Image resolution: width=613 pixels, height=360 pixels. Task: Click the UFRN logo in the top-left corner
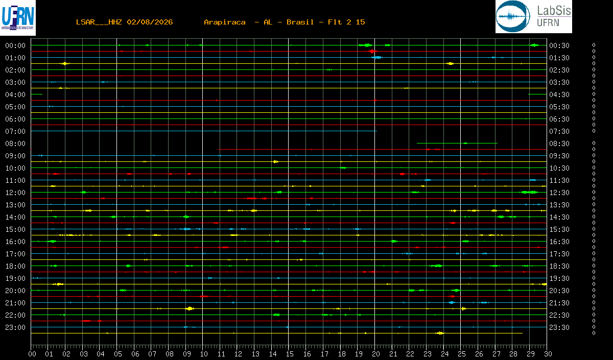18,18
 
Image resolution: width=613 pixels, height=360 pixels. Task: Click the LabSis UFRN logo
534,16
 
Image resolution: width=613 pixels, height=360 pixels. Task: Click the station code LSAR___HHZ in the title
99,22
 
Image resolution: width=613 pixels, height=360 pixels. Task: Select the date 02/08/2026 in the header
150,22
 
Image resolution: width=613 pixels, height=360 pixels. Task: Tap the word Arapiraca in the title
225,22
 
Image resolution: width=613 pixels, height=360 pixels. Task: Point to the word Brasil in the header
300,22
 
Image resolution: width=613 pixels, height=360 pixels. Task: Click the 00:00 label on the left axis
15,45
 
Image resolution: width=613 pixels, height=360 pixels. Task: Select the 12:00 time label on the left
15,193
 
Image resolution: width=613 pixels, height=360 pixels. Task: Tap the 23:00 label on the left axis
15,327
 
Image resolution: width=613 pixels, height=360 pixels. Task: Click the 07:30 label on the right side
559,131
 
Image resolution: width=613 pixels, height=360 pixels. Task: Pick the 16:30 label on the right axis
559,242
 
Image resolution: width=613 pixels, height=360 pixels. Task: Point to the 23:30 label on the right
559,327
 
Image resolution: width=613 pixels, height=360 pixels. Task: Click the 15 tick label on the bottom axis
290,354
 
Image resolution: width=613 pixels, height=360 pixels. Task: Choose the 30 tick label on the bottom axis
548,354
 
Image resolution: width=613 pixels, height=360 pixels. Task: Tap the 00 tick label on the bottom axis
32,354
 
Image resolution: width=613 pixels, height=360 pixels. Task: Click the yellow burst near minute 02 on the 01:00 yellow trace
64,63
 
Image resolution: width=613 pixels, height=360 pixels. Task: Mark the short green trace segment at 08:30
457,143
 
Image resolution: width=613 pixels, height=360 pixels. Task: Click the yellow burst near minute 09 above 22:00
190,308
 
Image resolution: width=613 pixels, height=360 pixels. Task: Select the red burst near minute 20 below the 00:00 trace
372,51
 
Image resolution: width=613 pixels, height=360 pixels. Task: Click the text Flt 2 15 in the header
346,22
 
